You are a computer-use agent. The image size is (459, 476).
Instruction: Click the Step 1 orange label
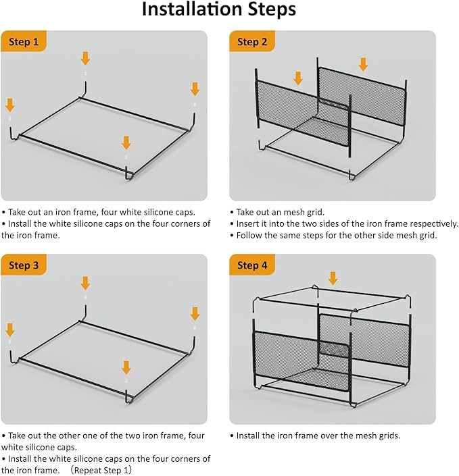coord(24,41)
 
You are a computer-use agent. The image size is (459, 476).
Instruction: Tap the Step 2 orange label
coord(252,41)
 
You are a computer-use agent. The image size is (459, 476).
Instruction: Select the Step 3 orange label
coord(24,265)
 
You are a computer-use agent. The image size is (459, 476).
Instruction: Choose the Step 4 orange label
coord(252,265)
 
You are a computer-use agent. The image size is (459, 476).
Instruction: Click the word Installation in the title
coord(193,9)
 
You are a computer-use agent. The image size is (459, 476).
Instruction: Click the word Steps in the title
coord(272,10)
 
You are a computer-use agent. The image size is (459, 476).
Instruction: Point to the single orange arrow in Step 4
coord(333,278)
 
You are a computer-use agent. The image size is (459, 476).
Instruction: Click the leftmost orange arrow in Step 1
coord(10,105)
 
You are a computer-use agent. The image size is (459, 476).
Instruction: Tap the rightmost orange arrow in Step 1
coord(195,89)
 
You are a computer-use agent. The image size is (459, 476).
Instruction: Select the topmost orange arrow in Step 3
coord(85,283)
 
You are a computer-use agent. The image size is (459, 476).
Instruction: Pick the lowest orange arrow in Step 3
coord(126,367)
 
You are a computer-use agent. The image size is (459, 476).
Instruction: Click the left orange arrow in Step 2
coord(298,78)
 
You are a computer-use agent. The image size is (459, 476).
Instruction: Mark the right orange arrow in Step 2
coord(363,64)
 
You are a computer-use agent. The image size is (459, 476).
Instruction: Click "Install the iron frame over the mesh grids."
coord(318,435)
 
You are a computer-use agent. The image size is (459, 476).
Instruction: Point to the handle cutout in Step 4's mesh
coord(333,349)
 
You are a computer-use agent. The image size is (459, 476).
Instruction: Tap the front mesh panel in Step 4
coord(301,361)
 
